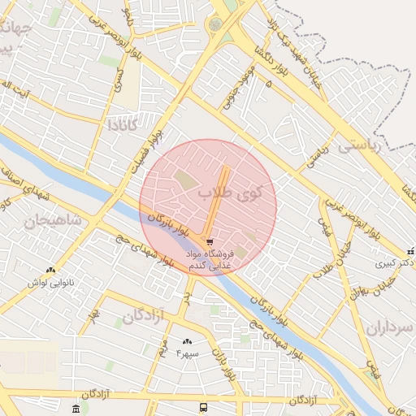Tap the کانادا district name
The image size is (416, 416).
point(127,125)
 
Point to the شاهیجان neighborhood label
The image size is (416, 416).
point(54,220)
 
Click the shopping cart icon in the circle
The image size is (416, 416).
point(210,242)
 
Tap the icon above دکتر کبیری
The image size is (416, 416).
point(410,250)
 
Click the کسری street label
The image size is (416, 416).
point(119,79)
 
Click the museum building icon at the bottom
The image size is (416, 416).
point(76,407)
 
